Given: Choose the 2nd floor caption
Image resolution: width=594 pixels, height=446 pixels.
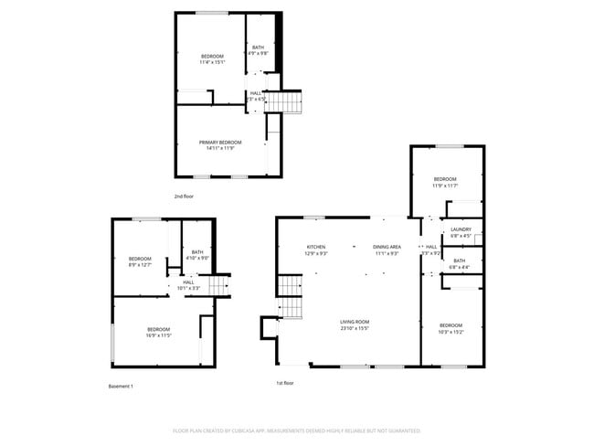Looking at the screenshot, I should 184,196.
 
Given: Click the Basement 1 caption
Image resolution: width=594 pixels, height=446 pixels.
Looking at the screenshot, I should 121,386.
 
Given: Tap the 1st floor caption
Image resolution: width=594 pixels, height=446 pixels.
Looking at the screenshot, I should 285,383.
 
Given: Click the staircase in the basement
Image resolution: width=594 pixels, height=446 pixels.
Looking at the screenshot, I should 217,287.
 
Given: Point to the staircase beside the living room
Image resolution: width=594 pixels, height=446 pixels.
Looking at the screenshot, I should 291,299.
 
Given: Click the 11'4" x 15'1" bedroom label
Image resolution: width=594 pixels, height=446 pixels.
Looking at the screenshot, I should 212,59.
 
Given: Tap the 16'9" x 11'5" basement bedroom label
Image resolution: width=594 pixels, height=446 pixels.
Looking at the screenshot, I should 159,333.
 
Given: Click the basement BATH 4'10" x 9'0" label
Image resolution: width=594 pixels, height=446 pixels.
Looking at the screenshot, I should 196,255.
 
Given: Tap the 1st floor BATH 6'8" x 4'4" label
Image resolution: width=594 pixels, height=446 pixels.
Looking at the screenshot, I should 459,263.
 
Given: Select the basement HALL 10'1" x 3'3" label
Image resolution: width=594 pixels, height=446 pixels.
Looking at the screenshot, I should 187,285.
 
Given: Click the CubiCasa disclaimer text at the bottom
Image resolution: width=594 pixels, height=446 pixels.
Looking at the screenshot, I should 297,430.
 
